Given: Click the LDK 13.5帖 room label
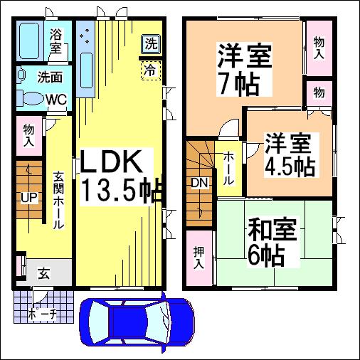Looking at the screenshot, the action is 121,176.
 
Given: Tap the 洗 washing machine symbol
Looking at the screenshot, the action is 151,44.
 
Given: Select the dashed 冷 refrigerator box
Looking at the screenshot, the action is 151,70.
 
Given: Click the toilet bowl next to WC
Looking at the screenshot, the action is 31,98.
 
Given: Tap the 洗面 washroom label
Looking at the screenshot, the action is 50,77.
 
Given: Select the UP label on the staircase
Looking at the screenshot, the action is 29,197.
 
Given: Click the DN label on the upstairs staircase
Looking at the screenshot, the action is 200,183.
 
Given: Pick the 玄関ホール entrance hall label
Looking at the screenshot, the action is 58,200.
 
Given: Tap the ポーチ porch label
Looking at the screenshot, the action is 43,314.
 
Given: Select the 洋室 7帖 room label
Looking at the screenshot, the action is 244,70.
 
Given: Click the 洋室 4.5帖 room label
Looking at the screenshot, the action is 290,155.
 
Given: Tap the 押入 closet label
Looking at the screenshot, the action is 198,258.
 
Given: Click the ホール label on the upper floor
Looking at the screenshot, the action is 229,169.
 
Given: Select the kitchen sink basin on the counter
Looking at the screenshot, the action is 86,70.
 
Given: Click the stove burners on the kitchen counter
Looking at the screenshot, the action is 85,36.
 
